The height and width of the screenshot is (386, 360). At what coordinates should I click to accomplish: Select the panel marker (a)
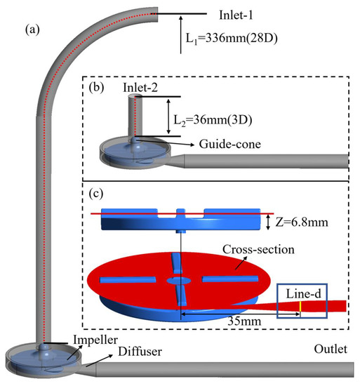[34, 31]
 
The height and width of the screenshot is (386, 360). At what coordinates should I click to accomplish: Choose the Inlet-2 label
[140, 88]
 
